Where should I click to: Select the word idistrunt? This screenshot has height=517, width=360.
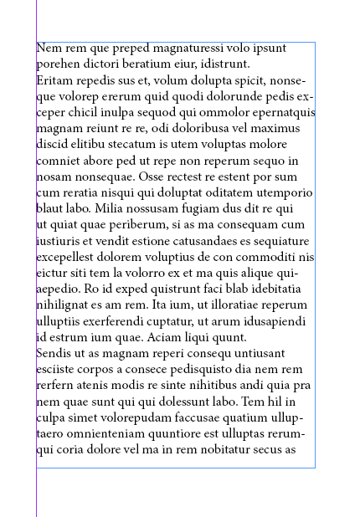point(227,64)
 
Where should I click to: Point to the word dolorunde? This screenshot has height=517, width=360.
point(239,96)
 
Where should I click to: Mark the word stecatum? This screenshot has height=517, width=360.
point(126,144)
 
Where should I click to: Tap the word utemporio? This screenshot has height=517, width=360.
point(284,192)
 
